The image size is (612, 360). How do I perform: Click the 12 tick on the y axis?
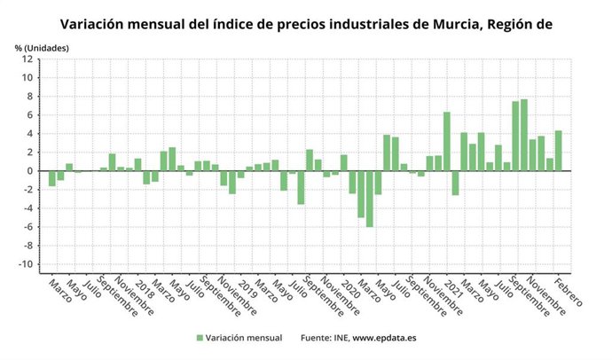tap(28, 59)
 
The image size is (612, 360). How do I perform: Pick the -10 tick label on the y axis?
tap(27, 265)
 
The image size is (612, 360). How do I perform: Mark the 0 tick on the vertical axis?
tap(31, 171)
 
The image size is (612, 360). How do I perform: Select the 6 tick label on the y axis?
tap(31, 115)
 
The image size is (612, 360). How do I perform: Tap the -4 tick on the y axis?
tap(28, 209)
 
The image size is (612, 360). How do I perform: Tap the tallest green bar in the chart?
tap(524, 135)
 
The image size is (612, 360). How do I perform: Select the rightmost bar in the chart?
tap(559, 151)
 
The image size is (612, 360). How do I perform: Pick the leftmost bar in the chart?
tap(52, 178)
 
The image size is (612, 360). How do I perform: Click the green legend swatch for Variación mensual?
tap(200, 338)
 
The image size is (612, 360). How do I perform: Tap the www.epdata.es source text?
tap(387, 338)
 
